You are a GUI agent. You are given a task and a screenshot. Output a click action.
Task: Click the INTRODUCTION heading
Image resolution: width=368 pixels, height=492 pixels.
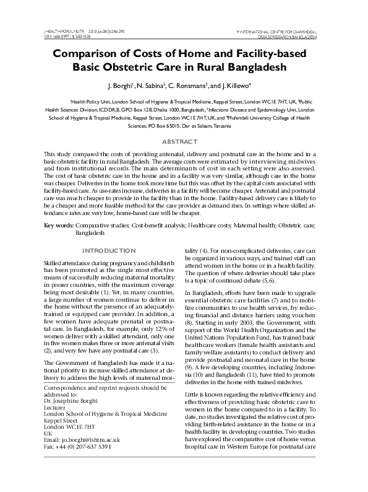(109, 250)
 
